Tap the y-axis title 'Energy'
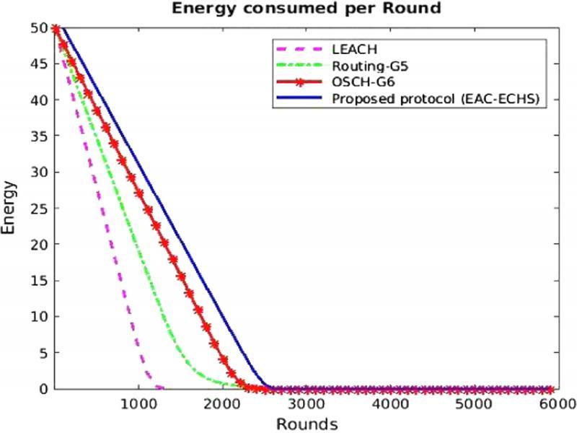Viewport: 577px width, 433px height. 9,209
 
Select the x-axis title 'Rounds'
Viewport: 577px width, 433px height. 307,422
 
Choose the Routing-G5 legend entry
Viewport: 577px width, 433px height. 365,66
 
